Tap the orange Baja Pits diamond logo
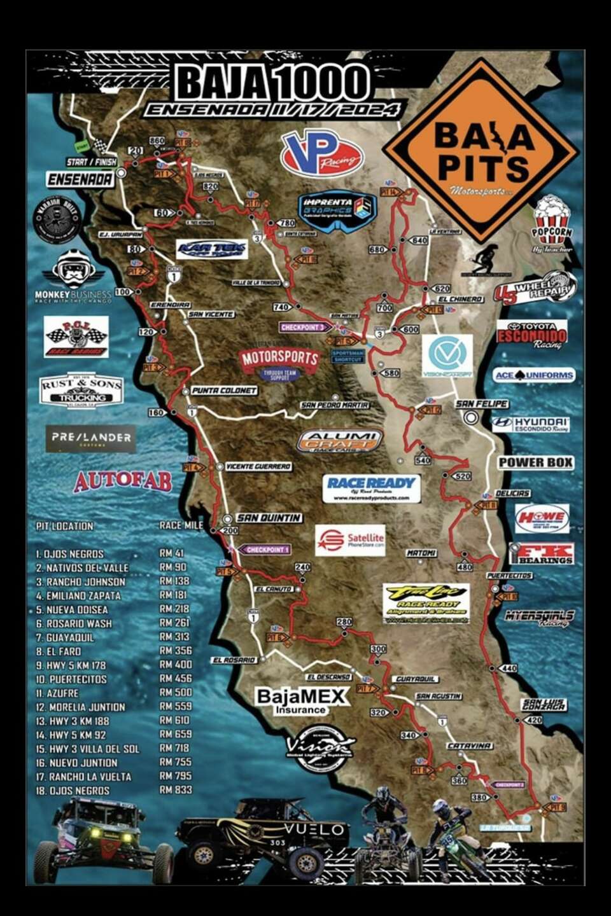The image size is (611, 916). (481, 151)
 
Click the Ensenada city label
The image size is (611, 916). (80, 180)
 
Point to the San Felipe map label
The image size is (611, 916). (481, 404)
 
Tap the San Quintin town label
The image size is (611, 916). (269, 518)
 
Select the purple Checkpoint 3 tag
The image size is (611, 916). (304, 327)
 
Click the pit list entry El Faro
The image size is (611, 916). (63, 651)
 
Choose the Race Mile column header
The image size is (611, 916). (181, 525)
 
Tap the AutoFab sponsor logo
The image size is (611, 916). (123, 481)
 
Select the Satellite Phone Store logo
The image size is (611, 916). (351, 540)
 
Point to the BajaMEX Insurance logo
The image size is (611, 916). (302, 700)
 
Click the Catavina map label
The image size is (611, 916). (468, 746)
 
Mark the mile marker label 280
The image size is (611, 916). (344, 621)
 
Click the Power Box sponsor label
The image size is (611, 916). (535, 462)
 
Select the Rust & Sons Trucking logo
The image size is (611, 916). (81, 389)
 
